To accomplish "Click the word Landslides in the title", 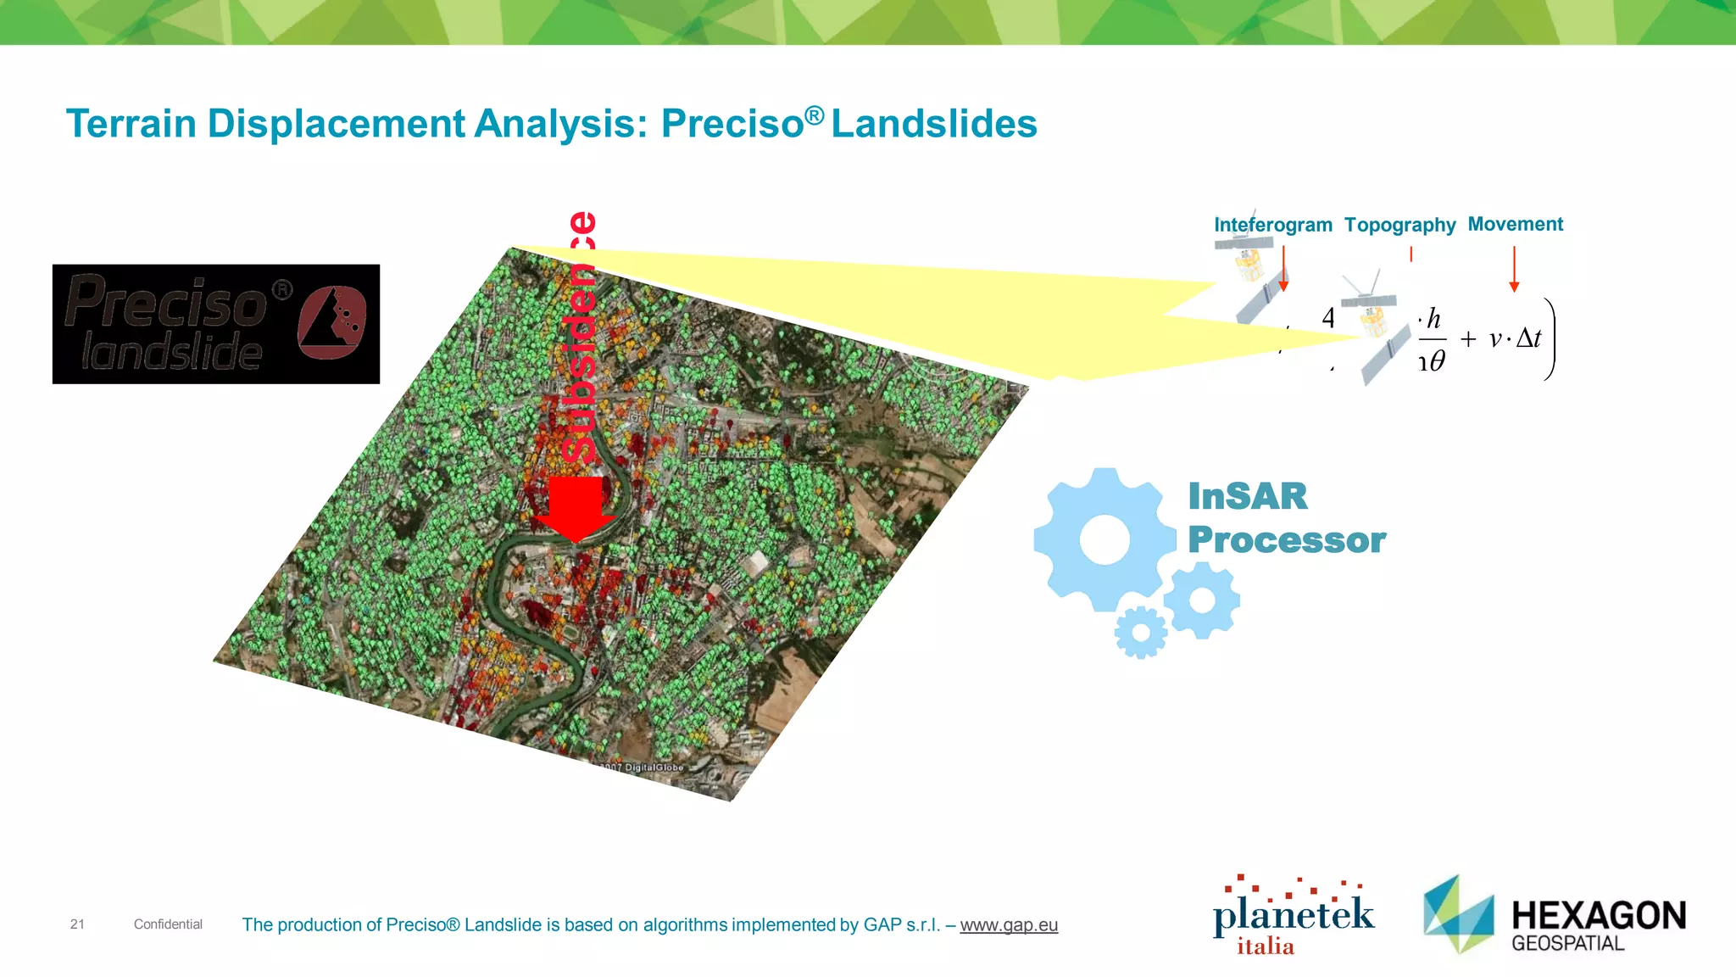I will pyautogui.click(x=933, y=124).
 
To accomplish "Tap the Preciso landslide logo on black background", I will pyautogui.click(x=216, y=324).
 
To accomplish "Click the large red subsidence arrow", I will pyautogui.click(x=576, y=507).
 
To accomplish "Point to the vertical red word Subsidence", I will pyautogui.click(x=581, y=339).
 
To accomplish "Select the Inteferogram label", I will pyautogui.click(x=1272, y=225).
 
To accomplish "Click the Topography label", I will pyautogui.click(x=1399, y=225).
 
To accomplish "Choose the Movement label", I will pyautogui.click(x=1515, y=224).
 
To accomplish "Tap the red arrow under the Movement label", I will pyautogui.click(x=1514, y=270).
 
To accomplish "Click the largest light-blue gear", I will pyautogui.click(x=1104, y=539).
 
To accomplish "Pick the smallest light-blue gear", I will pyautogui.click(x=1141, y=633).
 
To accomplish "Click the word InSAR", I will pyautogui.click(x=1247, y=496).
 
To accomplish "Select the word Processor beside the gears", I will pyautogui.click(x=1286, y=540).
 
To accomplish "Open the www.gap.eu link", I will pyautogui.click(x=1009, y=925).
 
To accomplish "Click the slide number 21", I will pyautogui.click(x=77, y=924).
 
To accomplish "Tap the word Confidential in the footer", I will pyautogui.click(x=168, y=924).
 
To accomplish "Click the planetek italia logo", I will pyautogui.click(x=1293, y=917).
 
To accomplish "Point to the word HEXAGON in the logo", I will pyautogui.click(x=1599, y=916).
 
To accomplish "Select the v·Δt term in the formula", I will pyautogui.click(x=1516, y=339).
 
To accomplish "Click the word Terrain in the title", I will pyautogui.click(x=131, y=124).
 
